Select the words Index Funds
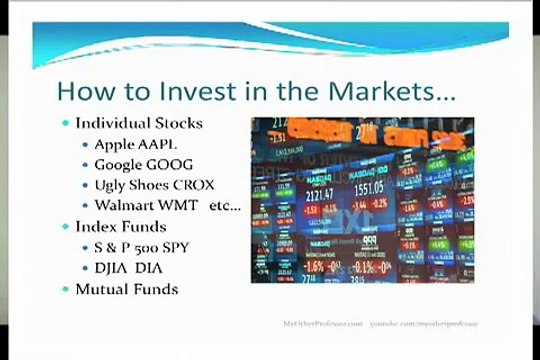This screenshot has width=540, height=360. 120,227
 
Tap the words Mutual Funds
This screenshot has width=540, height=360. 126,289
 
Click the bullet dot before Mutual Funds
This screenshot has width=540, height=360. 66,290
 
